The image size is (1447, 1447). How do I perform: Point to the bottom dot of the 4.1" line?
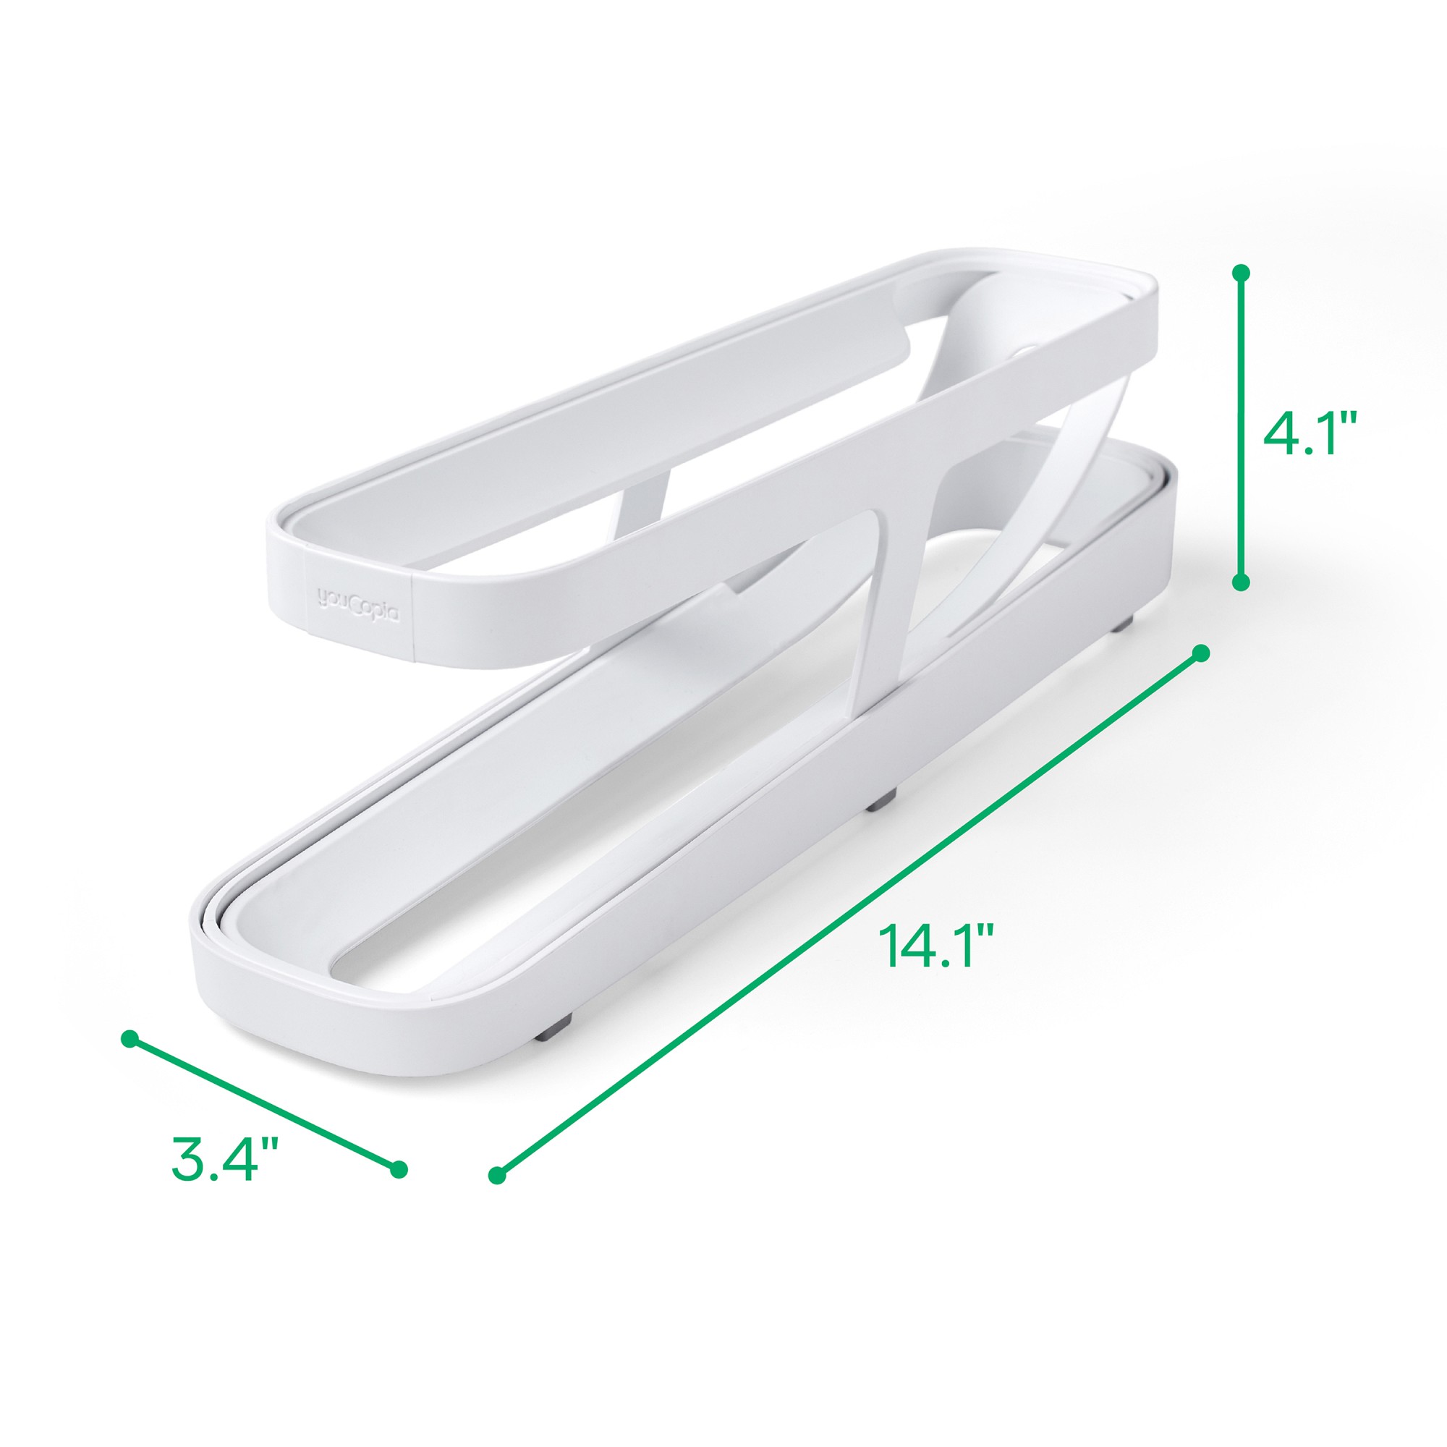pyautogui.click(x=1240, y=582)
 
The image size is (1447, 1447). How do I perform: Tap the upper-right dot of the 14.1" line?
pyautogui.click(x=1200, y=653)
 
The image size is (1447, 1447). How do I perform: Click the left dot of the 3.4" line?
pyautogui.click(x=130, y=1039)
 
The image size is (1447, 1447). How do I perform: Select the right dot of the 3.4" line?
pyautogui.click(x=399, y=1168)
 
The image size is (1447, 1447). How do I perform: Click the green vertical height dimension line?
pyautogui.click(x=1240, y=427)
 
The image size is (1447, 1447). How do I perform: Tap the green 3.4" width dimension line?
pyautogui.click(x=264, y=1103)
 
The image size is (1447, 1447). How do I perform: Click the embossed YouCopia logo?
pyautogui.click(x=360, y=599)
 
